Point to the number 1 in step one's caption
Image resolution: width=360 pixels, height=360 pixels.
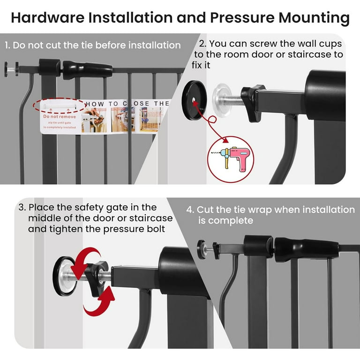click(x=7, y=45)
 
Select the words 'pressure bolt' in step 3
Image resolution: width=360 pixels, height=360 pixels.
click(x=143, y=229)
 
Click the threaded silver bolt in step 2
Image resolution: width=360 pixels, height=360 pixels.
click(x=233, y=100)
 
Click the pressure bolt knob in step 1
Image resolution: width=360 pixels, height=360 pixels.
click(x=11, y=68)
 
